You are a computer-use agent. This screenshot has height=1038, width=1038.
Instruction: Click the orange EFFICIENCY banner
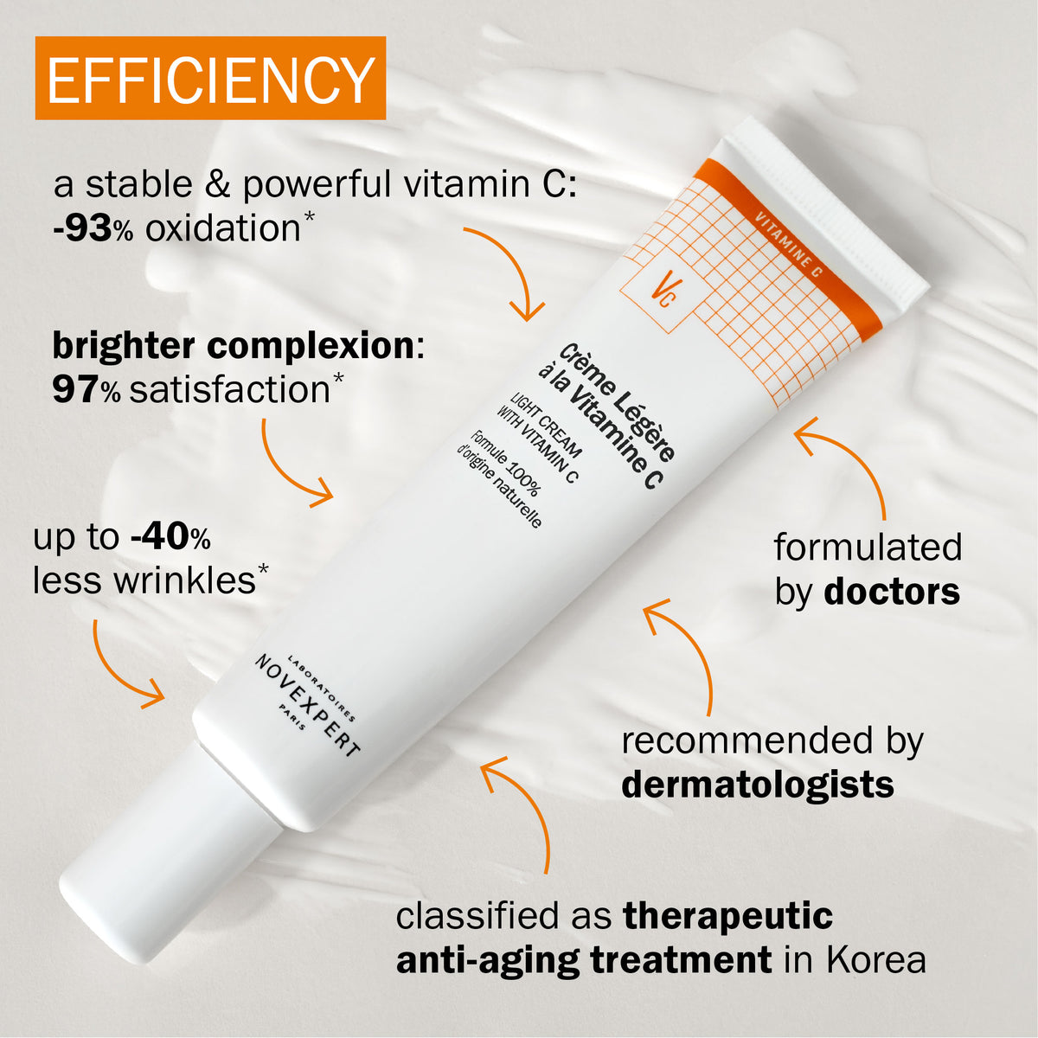[210, 78]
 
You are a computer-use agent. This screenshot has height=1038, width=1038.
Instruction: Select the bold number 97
[76, 390]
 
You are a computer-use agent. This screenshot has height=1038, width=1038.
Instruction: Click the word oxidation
[222, 228]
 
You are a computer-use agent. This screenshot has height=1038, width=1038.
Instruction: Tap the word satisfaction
[229, 389]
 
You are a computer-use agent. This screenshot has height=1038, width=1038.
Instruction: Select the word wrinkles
[184, 580]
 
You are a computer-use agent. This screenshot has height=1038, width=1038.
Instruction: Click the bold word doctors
[892, 592]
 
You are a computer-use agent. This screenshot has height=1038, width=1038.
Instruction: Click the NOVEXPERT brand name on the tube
[307, 706]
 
